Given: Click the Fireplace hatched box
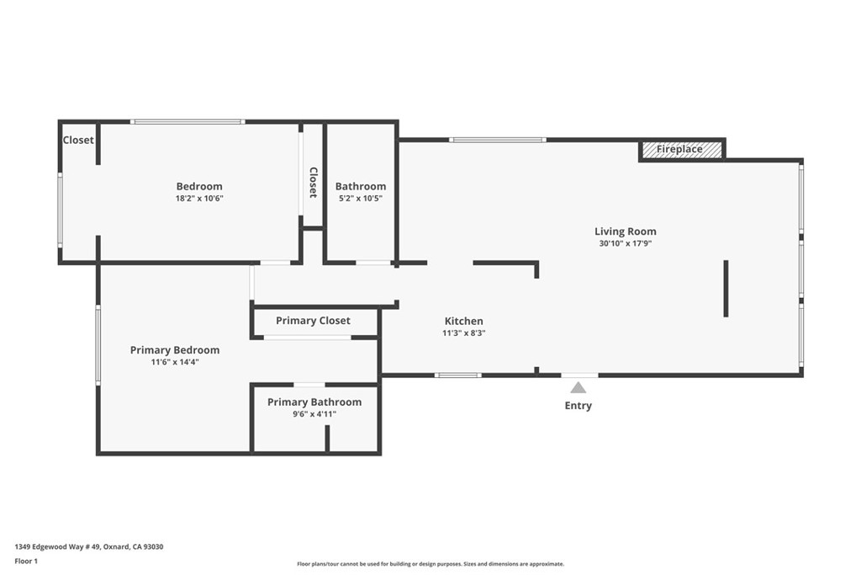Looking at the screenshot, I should tap(680, 150).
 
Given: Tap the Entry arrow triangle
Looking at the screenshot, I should tap(578, 387).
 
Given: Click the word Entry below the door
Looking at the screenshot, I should tap(578, 406).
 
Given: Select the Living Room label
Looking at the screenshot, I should tap(625, 232).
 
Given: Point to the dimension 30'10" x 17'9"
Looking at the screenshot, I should tap(625, 244).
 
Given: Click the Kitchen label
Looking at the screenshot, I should tap(463, 321).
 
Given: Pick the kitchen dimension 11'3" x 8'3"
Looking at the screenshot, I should tap(463, 333).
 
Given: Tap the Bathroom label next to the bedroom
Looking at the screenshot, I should tap(360, 186).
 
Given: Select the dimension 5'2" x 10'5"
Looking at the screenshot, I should tap(360, 199).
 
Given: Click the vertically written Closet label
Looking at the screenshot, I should tap(313, 182).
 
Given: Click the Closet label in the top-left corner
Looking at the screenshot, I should tap(78, 140).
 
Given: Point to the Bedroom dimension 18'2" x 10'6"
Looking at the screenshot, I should tap(199, 199).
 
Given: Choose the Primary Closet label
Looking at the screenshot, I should tap(313, 321).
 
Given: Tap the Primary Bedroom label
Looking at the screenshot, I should tap(174, 350).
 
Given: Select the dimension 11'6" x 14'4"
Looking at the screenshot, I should tap(174, 362).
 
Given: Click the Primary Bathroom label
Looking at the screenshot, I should tap(314, 402).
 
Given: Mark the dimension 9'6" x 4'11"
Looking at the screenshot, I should tap(314, 414).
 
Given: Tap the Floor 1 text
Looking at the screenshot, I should tap(26, 561).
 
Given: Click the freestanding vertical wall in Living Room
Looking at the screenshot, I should tap(726, 289).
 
